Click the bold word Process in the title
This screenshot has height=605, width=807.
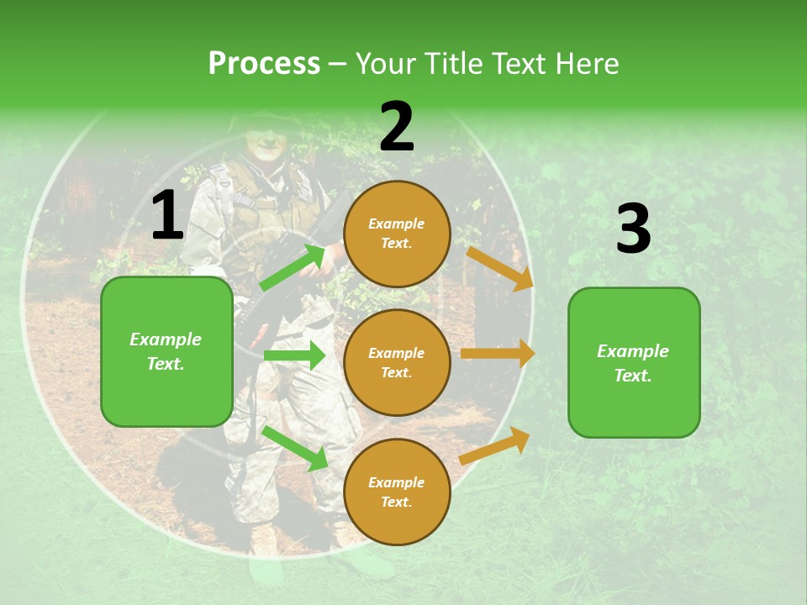264,64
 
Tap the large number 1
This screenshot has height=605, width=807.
167,216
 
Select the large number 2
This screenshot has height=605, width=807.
397,127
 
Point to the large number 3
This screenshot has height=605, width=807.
633,229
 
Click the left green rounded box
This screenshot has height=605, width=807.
166,351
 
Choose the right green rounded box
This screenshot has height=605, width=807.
634,362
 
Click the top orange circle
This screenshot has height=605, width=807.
397,234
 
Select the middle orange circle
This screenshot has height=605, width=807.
397,362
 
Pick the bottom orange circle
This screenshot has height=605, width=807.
397,492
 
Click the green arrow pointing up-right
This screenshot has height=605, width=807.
292,268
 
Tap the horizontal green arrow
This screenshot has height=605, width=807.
294,355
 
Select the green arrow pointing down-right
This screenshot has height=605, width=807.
294,447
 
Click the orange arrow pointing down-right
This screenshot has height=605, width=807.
500,268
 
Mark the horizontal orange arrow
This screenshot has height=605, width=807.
498,354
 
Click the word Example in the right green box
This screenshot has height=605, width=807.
633,351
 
